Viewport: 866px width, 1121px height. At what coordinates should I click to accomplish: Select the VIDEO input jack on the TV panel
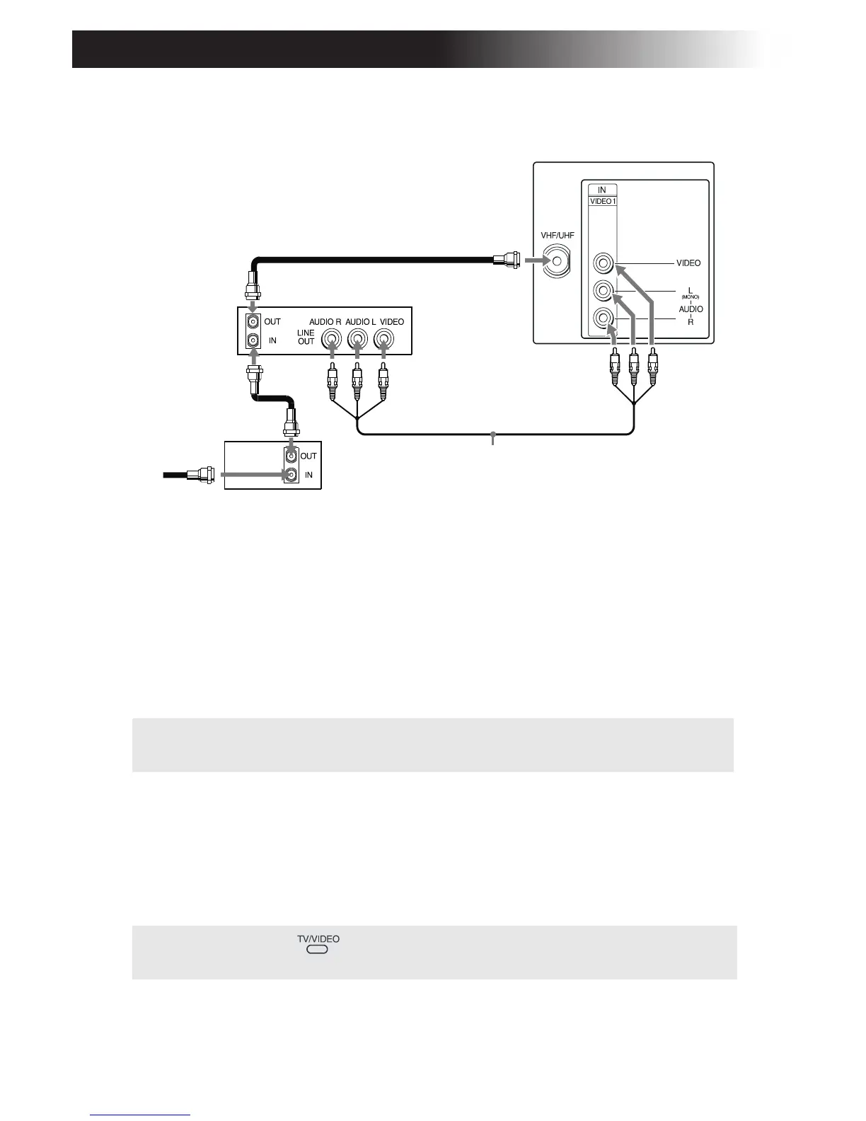(x=602, y=263)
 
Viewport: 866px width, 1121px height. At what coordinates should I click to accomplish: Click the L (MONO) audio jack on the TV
(x=602, y=290)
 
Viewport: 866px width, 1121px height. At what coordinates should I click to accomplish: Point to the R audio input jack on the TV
(x=602, y=318)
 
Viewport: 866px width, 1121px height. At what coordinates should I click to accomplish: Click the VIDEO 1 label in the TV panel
(x=602, y=201)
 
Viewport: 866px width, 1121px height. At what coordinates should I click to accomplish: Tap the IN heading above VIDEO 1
(x=602, y=190)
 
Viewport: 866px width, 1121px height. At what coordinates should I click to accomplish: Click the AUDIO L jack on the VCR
(x=357, y=340)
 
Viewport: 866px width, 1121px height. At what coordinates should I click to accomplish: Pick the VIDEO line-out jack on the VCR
(x=383, y=340)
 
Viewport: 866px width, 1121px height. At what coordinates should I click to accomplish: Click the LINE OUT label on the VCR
(x=306, y=337)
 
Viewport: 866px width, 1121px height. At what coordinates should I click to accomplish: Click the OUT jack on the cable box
(x=290, y=456)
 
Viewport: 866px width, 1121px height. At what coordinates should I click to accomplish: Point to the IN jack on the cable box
(x=290, y=476)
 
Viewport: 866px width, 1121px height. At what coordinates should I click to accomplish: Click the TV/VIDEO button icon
(x=318, y=950)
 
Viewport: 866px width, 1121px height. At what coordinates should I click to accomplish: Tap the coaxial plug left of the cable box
(x=205, y=474)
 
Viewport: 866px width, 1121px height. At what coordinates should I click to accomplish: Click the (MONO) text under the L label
(x=690, y=297)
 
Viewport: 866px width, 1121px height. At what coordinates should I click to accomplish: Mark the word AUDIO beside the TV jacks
(x=691, y=309)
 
